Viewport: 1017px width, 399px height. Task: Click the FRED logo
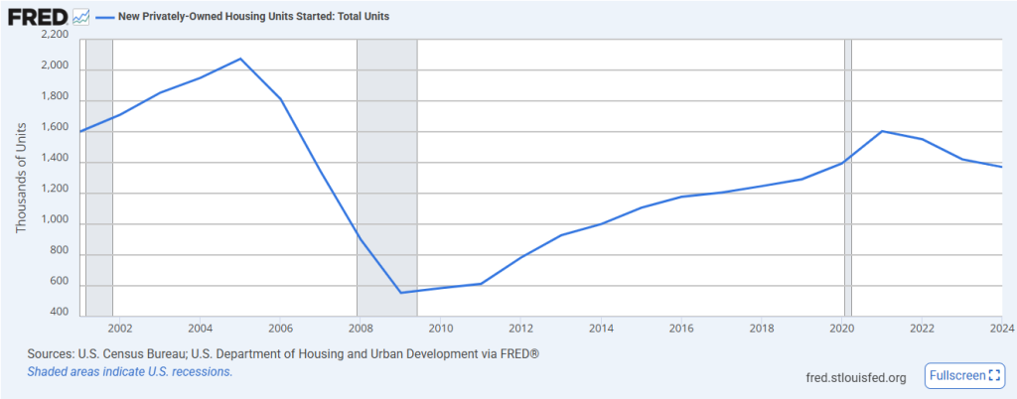point(37,17)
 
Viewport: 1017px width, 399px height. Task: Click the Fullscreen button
point(966,375)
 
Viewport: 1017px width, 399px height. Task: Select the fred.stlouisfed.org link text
point(855,377)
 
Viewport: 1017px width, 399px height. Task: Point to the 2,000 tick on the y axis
point(55,66)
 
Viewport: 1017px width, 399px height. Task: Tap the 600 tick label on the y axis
point(59,282)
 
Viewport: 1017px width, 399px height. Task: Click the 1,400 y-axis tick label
point(55,159)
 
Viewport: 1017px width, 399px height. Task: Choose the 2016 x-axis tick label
point(681,328)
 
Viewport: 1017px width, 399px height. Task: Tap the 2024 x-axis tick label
point(1001,328)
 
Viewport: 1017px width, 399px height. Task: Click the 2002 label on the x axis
point(119,328)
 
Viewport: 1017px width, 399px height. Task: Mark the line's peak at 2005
point(240,59)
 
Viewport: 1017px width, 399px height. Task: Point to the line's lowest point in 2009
point(400,293)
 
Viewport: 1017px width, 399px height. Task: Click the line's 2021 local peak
point(882,131)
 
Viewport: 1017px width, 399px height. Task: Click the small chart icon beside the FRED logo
point(81,17)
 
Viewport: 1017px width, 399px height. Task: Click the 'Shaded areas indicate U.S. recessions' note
point(129,371)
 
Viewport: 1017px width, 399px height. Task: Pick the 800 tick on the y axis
point(59,251)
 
